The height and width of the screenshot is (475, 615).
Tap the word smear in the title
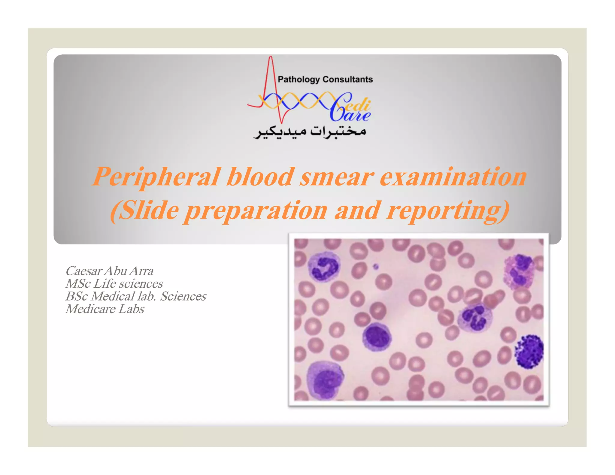click(x=336, y=177)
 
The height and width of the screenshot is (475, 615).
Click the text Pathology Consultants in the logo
click(x=325, y=79)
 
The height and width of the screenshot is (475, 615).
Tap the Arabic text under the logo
click(x=310, y=132)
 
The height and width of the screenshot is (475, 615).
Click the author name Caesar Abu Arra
click(x=110, y=271)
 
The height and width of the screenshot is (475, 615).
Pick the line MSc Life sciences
click(x=114, y=283)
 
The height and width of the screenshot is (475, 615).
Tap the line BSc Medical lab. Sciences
click(x=136, y=296)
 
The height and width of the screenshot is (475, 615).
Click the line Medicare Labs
click(x=105, y=309)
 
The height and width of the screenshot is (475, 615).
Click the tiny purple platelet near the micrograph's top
click(x=376, y=266)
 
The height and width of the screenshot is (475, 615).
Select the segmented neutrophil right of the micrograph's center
click(x=475, y=318)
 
